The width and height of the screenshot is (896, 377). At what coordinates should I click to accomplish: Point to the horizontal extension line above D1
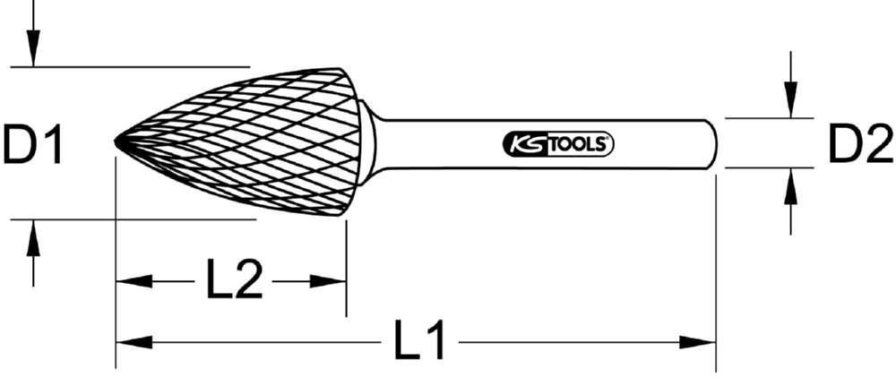[134, 66]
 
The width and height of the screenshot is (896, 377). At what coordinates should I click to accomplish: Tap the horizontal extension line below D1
[134, 218]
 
